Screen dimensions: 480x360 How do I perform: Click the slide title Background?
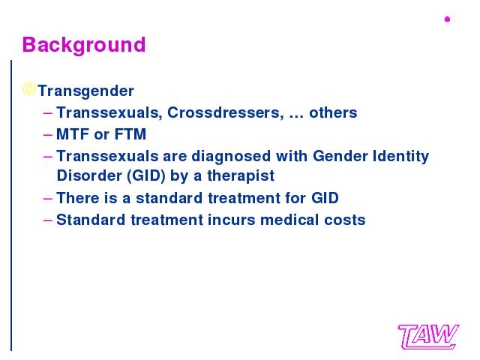(84, 45)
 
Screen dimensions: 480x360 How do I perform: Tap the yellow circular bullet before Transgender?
(29, 89)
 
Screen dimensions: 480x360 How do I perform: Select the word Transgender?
(86, 91)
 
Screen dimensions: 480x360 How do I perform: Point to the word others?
(333, 112)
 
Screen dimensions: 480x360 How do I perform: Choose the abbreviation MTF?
(73, 134)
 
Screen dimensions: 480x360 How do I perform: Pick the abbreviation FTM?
(130, 134)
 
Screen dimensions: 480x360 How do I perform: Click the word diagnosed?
(231, 156)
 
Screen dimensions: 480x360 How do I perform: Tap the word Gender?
(340, 156)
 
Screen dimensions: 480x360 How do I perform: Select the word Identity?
(400, 157)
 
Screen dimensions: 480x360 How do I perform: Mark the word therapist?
(241, 176)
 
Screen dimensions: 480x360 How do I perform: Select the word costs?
(345, 220)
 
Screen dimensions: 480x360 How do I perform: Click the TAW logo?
(428, 337)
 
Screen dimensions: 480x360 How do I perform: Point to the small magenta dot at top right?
(447, 19)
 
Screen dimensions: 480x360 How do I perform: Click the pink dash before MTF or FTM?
(48, 135)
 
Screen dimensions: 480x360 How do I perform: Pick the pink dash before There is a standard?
(48, 198)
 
